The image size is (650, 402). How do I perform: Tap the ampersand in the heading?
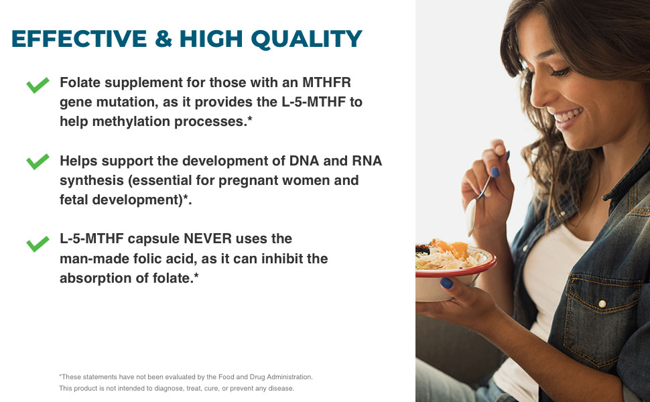(x=164, y=38)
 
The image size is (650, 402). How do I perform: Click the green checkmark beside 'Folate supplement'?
(x=38, y=84)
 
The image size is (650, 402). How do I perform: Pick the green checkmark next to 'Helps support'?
(x=38, y=161)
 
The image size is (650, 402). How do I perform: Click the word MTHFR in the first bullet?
(x=327, y=82)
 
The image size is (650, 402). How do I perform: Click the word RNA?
(x=367, y=161)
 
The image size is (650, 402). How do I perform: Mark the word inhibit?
(x=278, y=258)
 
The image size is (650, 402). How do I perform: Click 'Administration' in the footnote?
(x=289, y=377)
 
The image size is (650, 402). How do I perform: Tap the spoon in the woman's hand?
(x=476, y=202)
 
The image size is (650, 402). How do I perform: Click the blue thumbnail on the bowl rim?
(x=446, y=283)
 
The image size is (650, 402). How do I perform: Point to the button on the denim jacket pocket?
(x=601, y=304)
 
